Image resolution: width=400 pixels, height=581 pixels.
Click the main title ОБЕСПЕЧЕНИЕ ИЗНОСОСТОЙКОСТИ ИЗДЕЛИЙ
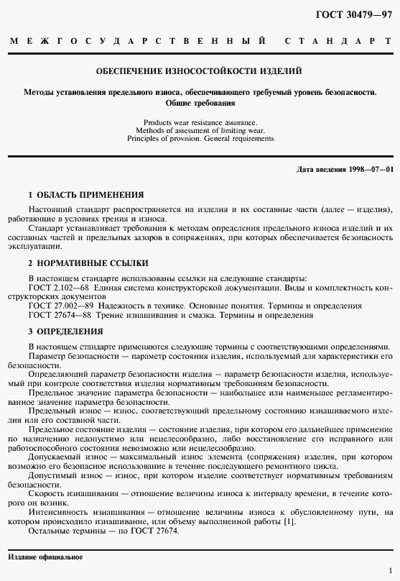199,71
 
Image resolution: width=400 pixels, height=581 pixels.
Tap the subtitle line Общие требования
200,104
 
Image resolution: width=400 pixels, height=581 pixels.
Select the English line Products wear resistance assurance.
200,122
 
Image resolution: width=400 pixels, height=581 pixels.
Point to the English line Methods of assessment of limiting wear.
200,130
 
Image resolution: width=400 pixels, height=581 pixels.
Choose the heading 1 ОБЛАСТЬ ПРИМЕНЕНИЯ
85,195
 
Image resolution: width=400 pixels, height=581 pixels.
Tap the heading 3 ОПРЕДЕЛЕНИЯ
65,331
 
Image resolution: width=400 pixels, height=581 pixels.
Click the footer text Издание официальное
45,557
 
